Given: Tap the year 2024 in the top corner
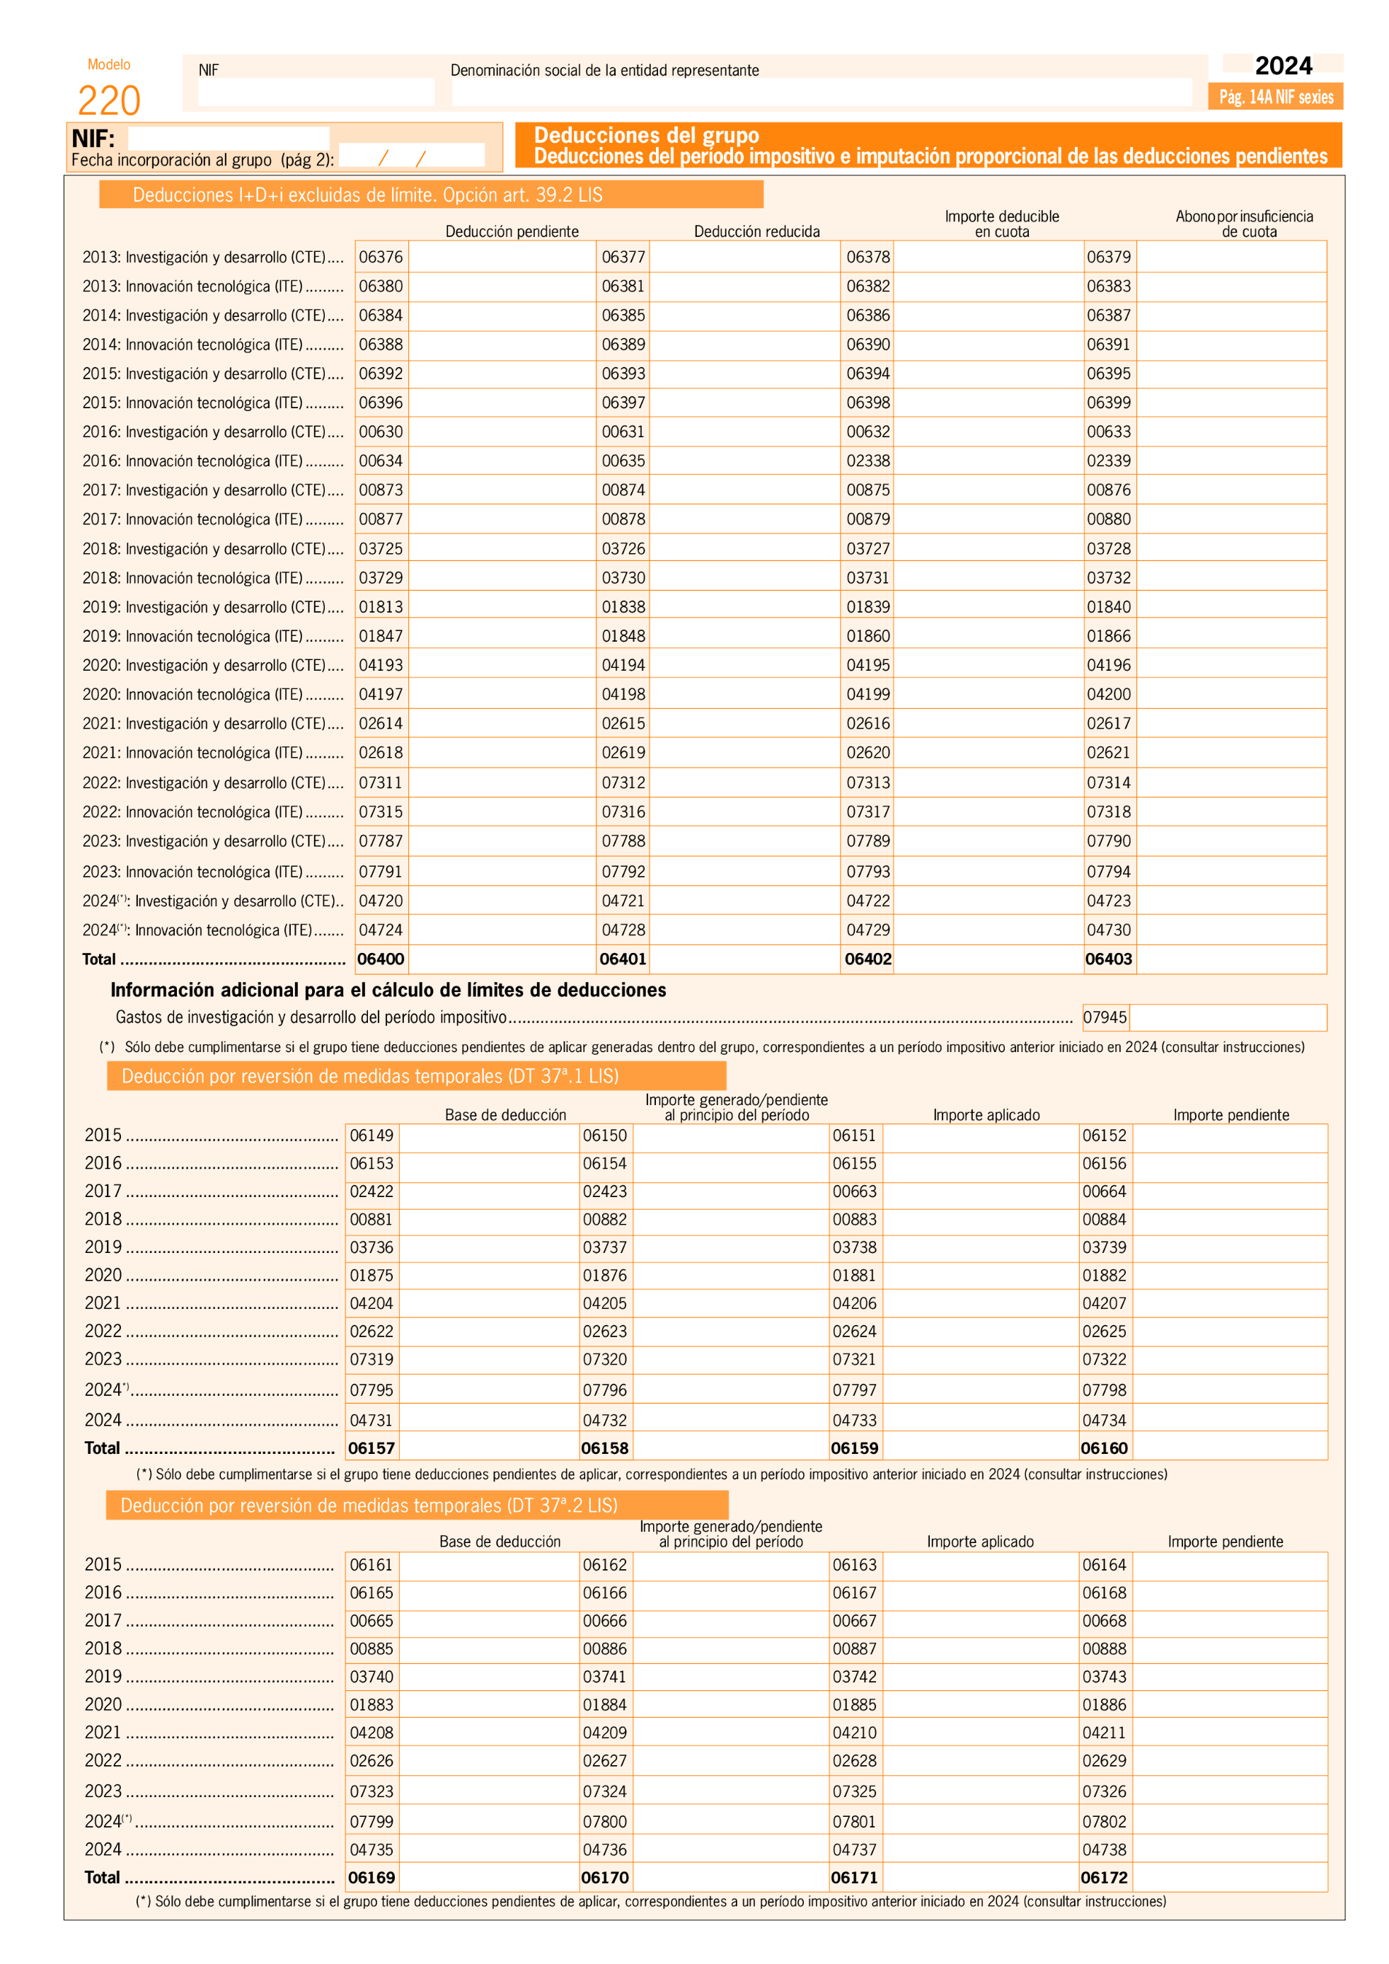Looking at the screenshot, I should pos(1283,66).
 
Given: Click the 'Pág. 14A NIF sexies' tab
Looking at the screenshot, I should pos(1275,97).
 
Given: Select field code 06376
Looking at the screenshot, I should pos(381,257).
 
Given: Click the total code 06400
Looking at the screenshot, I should pos(381,959).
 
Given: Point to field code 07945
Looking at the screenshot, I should pos(1105,1017).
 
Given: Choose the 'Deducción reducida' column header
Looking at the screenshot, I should pos(756,231).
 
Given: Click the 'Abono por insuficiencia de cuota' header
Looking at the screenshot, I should pos(1245,224).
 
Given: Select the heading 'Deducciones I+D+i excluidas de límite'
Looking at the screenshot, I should pos(368,195).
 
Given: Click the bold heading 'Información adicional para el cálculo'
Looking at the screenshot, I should pos(388,990).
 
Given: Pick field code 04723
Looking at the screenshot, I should pos(1109,901).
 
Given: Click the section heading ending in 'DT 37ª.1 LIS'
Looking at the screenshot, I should pos(369,1076).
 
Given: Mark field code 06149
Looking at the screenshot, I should pos(371,1135).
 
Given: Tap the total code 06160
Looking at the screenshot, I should pos(1104,1448).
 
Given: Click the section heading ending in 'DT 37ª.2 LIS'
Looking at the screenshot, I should pos(369,1506).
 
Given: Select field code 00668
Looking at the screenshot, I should pos(1104,1621).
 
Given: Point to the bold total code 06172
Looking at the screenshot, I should pos(1104,1878).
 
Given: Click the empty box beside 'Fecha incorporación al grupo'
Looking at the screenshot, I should pos(411,156).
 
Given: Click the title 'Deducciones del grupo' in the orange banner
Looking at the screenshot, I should pos(646,135).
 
